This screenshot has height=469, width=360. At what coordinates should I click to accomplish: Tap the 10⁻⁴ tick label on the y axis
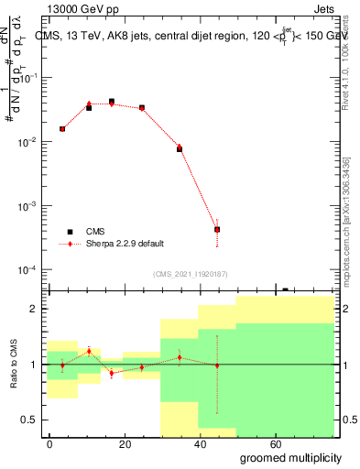(28, 270)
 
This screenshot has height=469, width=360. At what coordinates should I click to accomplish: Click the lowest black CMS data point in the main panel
(217, 230)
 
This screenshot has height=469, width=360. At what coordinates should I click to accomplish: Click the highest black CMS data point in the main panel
(112, 102)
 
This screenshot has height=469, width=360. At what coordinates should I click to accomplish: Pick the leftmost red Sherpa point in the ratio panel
(62, 365)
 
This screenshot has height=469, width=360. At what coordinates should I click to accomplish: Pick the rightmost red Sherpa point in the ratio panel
(217, 365)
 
